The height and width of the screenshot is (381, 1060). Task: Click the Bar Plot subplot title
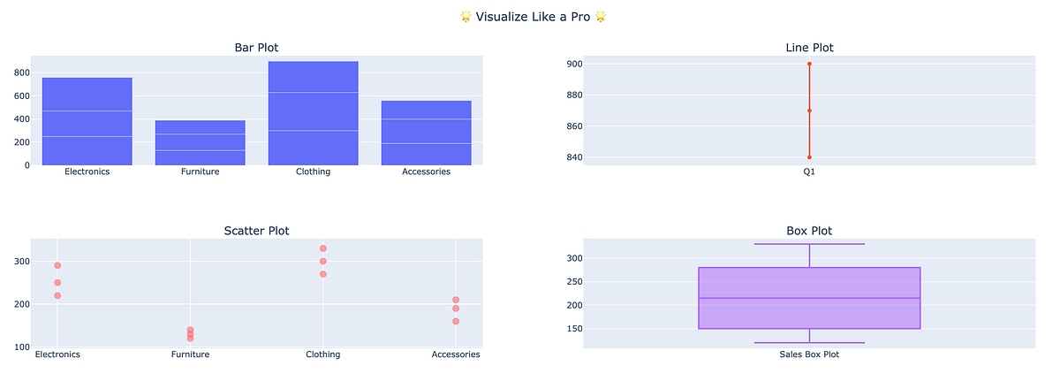256,48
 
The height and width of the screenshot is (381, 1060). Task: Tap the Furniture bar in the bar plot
200,142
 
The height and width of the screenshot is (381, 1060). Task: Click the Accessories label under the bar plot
426,171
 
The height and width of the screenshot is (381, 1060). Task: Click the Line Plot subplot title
809,48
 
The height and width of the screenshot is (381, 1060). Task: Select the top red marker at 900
809,64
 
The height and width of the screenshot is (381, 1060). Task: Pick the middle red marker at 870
809,110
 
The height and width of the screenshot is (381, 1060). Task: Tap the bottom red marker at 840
809,157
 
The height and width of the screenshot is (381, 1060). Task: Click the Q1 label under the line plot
809,171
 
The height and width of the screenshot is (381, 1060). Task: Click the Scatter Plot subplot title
256,231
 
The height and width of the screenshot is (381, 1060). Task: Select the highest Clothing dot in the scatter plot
323,248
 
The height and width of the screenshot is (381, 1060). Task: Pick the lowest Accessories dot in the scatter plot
455,321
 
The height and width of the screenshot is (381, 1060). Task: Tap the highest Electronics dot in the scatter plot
57,265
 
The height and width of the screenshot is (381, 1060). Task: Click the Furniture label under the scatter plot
190,354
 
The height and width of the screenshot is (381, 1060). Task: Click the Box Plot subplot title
809,231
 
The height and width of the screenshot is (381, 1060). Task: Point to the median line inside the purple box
809,298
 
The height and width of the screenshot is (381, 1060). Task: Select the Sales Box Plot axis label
809,354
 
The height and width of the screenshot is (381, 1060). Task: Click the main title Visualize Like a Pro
531,17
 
